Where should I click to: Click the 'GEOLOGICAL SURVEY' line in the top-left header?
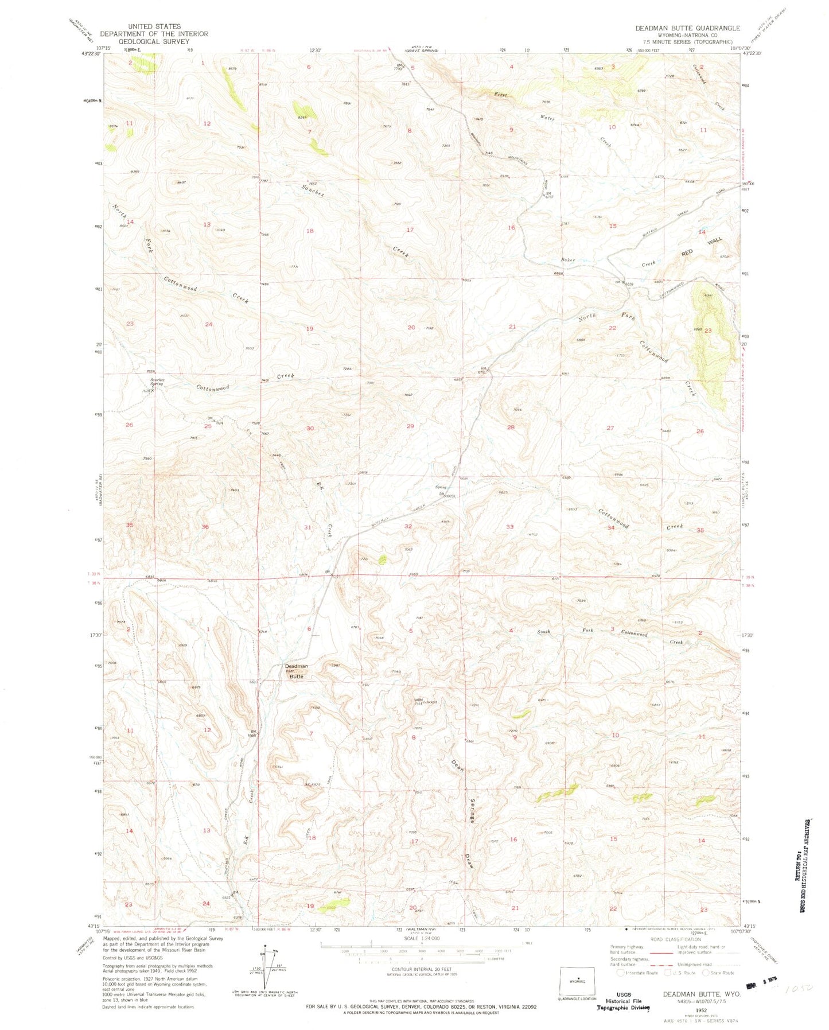pyautogui.click(x=154, y=41)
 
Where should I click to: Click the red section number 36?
pyautogui.click(x=205, y=527)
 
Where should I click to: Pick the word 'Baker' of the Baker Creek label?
pyautogui.click(x=568, y=260)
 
